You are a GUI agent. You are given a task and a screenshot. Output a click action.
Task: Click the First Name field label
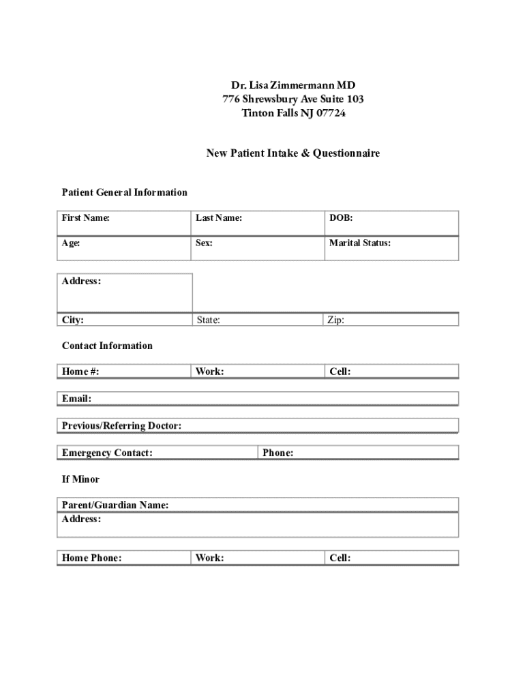tap(86, 218)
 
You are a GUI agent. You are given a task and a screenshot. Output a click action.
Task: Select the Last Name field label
tap(219, 218)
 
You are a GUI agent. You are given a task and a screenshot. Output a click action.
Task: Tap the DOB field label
tap(341, 218)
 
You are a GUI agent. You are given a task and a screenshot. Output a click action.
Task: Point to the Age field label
tap(72, 243)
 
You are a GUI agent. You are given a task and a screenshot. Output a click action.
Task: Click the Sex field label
tap(204, 243)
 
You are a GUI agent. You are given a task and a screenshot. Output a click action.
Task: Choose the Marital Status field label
tap(360, 243)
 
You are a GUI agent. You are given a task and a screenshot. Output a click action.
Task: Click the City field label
tap(73, 320)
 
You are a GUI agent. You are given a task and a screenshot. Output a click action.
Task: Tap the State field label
tap(208, 320)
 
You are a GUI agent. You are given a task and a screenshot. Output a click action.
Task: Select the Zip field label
tap(335, 320)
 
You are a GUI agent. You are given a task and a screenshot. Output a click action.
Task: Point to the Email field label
tap(76, 399)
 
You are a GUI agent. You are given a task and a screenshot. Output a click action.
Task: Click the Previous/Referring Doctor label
tap(121, 426)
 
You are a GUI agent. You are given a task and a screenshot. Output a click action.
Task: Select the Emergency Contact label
tap(107, 453)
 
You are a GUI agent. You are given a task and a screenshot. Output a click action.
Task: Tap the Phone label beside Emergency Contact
tap(277, 453)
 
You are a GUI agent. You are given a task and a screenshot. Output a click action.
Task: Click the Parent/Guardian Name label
tap(115, 505)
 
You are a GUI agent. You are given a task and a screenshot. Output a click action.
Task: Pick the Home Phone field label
tap(91, 558)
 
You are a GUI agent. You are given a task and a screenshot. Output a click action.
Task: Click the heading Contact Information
tap(107, 346)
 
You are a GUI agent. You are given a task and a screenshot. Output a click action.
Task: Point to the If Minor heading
tap(80, 479)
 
